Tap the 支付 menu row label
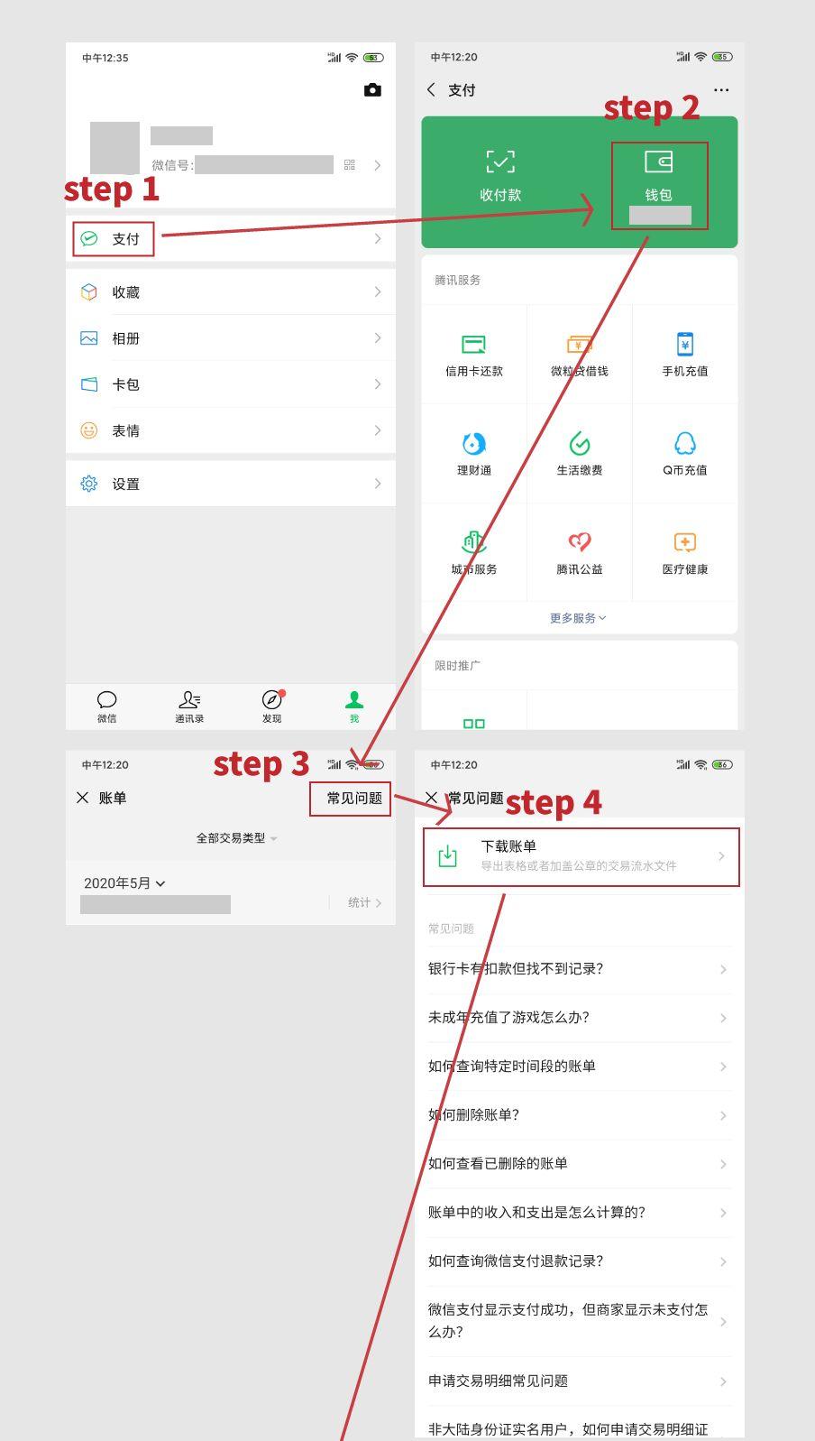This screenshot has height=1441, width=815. pos(125,239)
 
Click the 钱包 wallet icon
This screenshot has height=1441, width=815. pos(658,162)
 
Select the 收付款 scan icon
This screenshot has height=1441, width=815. pos(500,162)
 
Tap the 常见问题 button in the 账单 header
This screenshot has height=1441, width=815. pos(354,799)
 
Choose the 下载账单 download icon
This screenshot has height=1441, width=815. pos(447,856)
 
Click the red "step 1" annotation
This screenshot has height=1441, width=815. pos(112,189)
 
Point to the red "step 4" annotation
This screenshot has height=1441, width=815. pos(553,802)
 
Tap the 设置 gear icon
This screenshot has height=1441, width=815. pos(89,484)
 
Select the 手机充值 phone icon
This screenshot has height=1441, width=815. pos(685,344)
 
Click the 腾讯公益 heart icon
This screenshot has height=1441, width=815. pos(579,542)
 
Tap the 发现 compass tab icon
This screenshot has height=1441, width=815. pos(271,700)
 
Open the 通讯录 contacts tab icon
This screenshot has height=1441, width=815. pos(189,700)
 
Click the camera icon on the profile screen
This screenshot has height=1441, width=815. pos(372,90)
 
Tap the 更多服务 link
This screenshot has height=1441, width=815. pos(578,618)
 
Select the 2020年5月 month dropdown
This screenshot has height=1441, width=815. pos(124,883)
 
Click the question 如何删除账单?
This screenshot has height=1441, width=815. pos(474,1115)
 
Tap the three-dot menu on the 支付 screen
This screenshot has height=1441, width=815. pos(721,90)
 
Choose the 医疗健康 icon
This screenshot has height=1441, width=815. pos(685,542)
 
